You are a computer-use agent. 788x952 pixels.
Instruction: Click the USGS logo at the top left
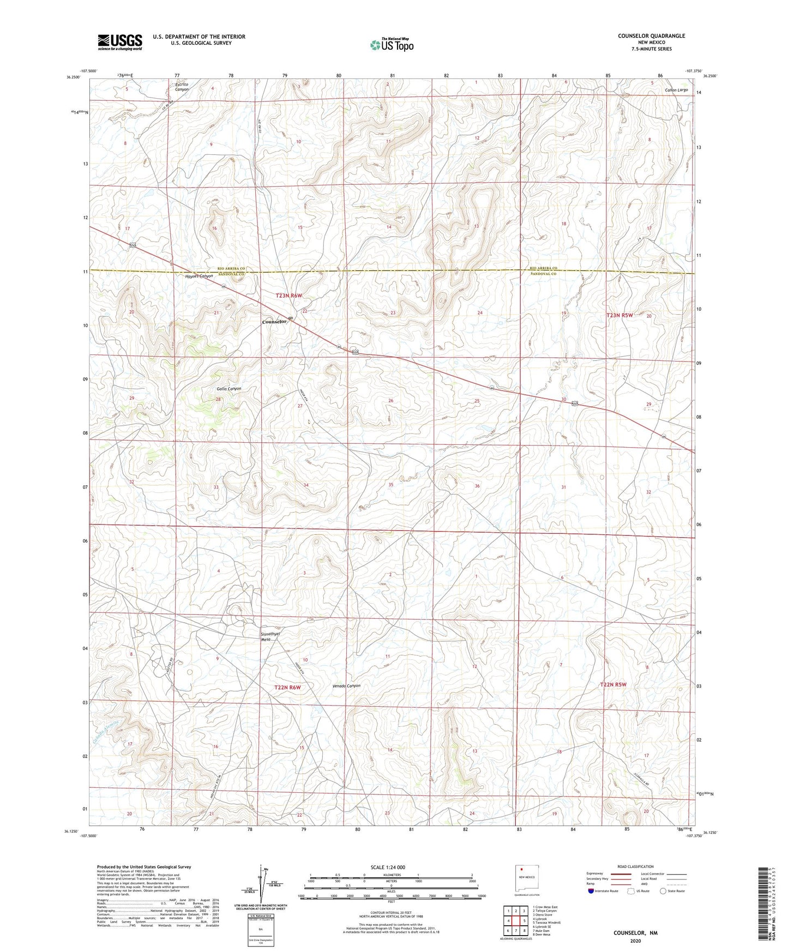tap(119, 42)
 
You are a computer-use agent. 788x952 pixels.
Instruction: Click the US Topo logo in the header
tap(391, 45)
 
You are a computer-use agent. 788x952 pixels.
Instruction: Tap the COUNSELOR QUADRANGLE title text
tap(651, 36)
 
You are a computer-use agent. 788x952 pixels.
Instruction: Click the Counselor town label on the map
tap(274, 322)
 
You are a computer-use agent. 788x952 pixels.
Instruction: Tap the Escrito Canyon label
tap(182, 86)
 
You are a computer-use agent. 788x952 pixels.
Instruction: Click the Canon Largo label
tap(676, 89)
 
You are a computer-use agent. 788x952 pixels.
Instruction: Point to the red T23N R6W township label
tap(288, 296)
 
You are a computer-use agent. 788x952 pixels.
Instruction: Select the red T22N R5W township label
tap(613, 684)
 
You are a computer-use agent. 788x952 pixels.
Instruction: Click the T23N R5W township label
tap(620, 315)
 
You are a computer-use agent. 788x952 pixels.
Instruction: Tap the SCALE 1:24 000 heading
tap(388, 867)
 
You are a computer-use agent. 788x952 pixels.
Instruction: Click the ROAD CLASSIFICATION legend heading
tap(635, 866)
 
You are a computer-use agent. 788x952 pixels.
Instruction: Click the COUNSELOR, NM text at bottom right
tap(635, 933)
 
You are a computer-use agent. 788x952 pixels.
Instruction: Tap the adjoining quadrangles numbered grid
tap(515, 921)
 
